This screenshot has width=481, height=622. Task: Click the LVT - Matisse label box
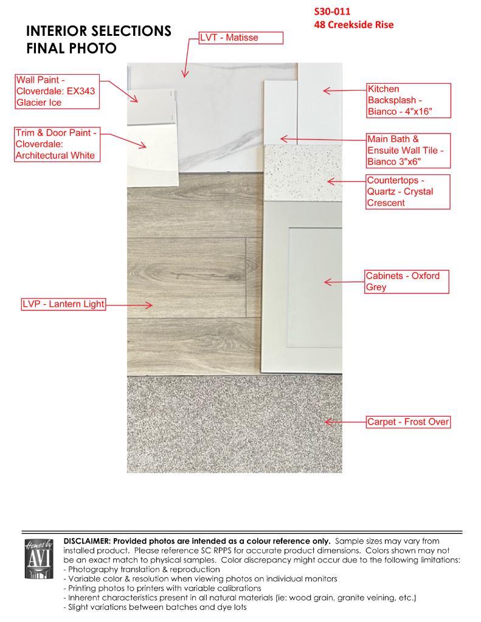[241, 38]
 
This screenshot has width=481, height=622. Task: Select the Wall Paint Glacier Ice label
[57, 91]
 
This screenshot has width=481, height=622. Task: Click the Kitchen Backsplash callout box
[408, 100]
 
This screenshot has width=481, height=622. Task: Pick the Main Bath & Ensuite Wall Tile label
[408, 151]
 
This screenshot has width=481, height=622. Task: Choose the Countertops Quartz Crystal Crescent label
[408, 192]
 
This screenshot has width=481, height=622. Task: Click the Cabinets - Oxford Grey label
[406, 282]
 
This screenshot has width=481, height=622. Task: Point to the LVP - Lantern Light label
[63, 304]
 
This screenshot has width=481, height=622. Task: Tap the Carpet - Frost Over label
[408, 422]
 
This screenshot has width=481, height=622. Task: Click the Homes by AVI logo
[39, 559]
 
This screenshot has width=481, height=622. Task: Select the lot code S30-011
[333, 12]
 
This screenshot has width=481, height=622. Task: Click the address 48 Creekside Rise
[354, 25]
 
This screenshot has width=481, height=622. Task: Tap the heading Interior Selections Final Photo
[99, 39]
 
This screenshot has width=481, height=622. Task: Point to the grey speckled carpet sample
[234, 425]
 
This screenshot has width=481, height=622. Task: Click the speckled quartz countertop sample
[302, 173]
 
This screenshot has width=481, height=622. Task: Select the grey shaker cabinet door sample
[302, 285]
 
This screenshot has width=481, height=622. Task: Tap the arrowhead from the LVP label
[150, 305]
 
